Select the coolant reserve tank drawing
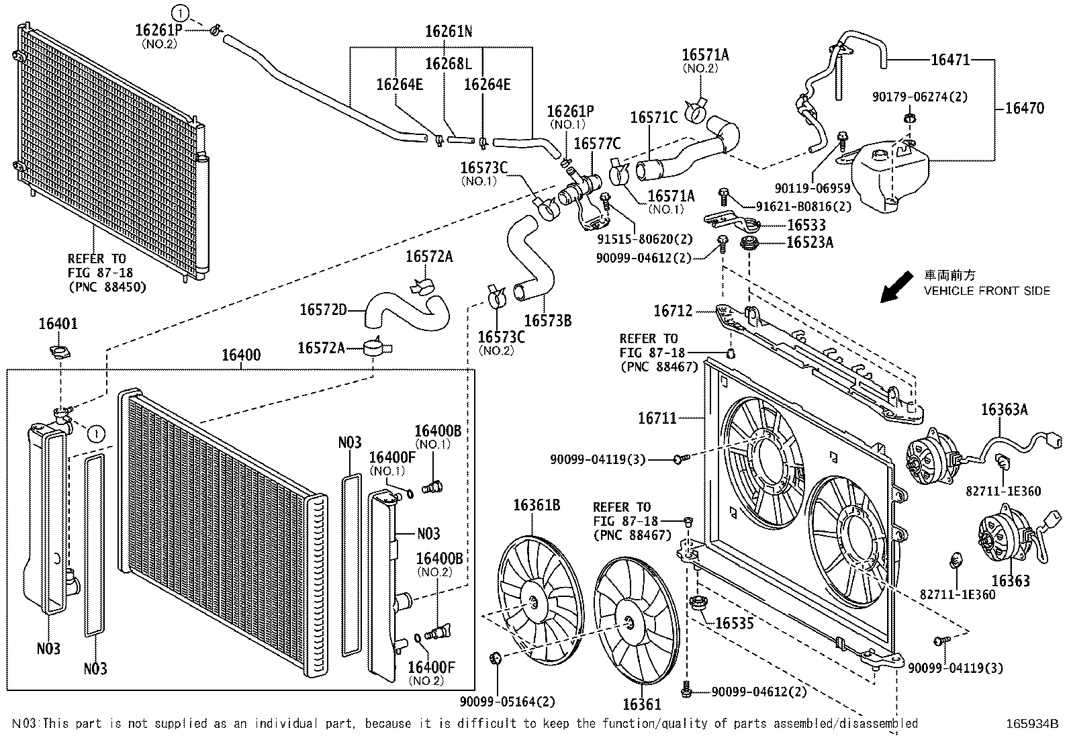(890, 176)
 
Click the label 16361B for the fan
(537, 505)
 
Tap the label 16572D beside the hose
(323, 310)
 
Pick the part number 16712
(673, 311)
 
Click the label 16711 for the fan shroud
(657, 418)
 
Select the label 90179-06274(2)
(920, 97)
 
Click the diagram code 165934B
(1031, 724)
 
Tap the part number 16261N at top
(449, 32)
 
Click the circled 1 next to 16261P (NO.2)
(179, 11)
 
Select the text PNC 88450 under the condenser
(107, 287)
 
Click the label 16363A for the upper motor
(1005, 409)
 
